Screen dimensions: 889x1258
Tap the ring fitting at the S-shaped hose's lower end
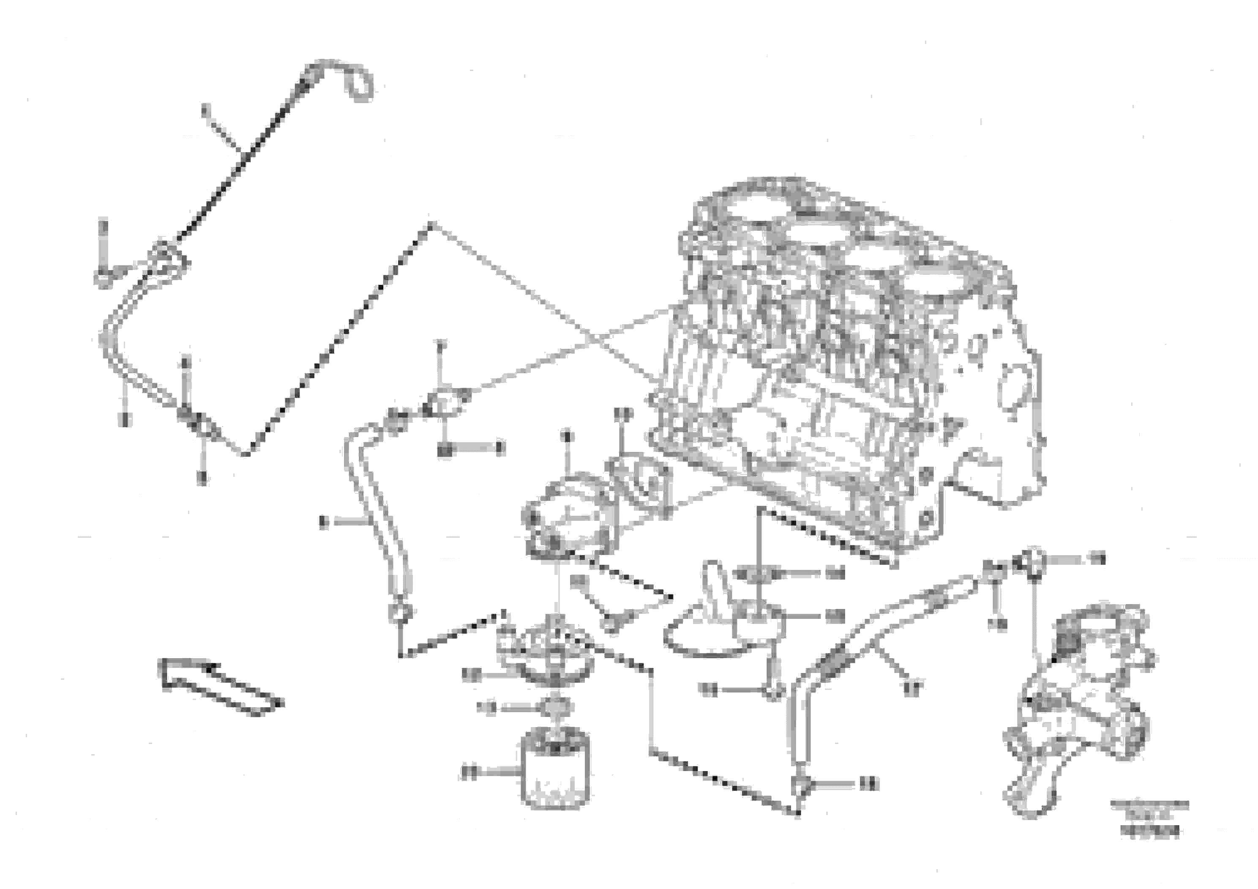click(x=399, y=610)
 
